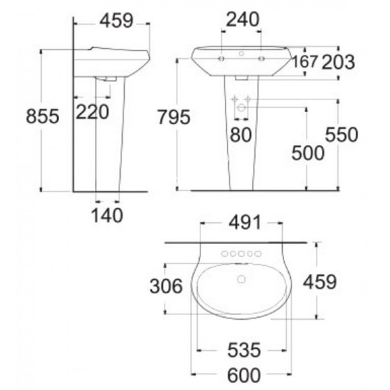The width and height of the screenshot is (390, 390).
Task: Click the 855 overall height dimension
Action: tap(43, 117)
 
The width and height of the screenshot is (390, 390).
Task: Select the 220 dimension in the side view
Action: tap(92, 113)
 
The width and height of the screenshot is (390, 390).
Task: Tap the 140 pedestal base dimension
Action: tap(107, 215)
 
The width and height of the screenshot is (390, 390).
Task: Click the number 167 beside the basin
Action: tap(305, 62)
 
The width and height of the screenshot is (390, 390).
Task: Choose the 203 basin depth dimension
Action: tap(338, 62)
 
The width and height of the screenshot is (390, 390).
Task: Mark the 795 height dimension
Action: tap(174, 117)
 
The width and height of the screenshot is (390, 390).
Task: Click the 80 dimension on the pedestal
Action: tap(241, 135)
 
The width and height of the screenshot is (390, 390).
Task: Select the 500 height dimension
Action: tap(308, 153)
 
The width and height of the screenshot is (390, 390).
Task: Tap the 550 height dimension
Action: tap(342, 135)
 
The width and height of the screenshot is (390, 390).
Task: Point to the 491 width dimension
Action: tap(241, 223)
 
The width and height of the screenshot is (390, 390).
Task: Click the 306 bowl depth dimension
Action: tap(166, 287)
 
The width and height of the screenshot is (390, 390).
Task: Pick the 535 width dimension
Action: tap(244, 350)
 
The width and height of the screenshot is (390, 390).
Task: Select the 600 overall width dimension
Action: tap(244, 375)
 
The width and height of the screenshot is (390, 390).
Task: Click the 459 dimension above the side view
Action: tap(117, 21)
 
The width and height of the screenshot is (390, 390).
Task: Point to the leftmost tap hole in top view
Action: tap(225, 254)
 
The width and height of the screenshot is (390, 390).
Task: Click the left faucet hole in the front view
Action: tap(222, 59)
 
